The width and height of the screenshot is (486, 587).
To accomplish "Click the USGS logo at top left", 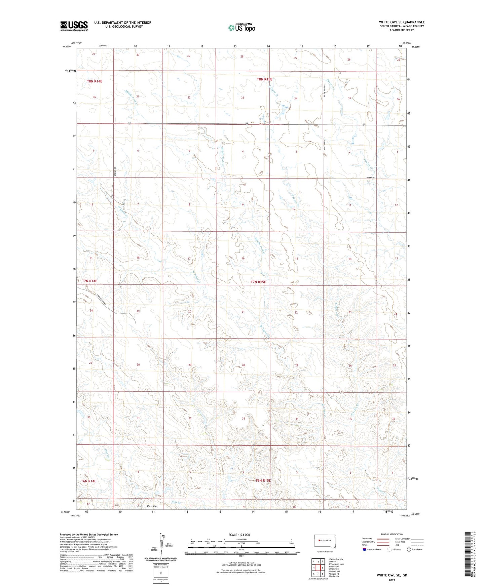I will tap(74, 26).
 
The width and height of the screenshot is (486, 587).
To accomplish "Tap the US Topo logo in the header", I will tap(241, 28).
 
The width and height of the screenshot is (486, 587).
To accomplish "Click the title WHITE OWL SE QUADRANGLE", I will tap(402, 22).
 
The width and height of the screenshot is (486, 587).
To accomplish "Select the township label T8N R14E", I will tap(95, 81).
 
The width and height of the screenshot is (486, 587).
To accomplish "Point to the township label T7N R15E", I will tap(261, 282).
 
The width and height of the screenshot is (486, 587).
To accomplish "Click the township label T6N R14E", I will tap(88, 481).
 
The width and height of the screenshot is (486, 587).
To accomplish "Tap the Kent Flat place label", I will tap(152, 506).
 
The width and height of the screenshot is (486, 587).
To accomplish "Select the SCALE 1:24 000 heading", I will tap(239, 535).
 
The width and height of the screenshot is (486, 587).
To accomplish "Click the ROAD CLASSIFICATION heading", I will tap(392, 534).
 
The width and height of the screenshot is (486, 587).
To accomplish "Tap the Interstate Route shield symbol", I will tap(365, 549).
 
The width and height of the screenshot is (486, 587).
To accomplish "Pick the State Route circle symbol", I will tap(409, 549).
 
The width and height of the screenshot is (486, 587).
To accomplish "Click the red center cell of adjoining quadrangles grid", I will tap(318, 568).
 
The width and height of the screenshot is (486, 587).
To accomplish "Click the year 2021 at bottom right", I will tap(391, 580).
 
